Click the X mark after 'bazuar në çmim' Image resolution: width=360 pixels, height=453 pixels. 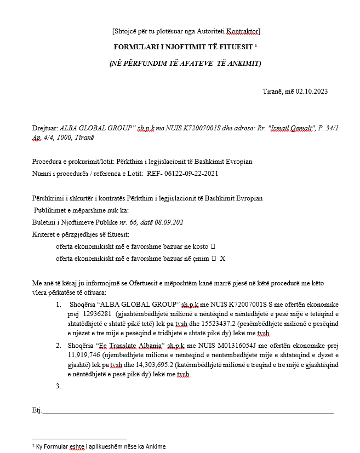click(222, 257)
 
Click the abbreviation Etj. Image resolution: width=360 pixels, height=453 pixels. click(37, 410)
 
